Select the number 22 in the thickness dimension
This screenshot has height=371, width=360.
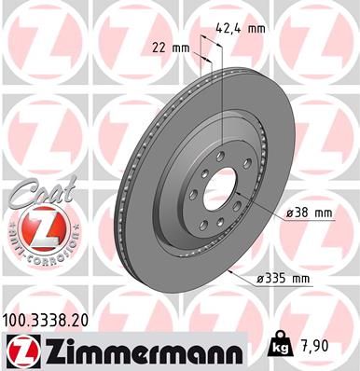[159, 46]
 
